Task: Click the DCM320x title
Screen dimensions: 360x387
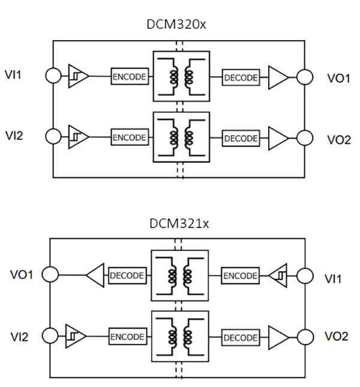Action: pos(176,24)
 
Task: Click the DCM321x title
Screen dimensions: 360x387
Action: pos(179,224)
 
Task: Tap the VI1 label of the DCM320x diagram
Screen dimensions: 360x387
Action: pos(13,74)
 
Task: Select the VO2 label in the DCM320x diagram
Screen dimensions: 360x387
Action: pos(339,140)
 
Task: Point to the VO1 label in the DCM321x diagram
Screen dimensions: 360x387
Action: pos(22,274)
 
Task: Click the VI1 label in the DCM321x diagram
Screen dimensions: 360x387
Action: pos(333,279)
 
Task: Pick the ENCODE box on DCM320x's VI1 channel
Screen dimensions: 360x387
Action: pos(130,76)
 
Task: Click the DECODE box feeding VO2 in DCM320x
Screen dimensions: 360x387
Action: pos(241,138)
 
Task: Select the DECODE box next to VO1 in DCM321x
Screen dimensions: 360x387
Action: pos(127,275)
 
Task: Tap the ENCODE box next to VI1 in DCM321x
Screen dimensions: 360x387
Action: pos(240,275)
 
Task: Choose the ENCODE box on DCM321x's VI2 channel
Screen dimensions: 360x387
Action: pos(128,337)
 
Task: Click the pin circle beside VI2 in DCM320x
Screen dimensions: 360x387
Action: pos(53,136)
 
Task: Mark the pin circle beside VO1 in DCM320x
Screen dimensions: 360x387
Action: pos(305,77)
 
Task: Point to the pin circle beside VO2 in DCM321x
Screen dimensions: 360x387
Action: pos(305,337)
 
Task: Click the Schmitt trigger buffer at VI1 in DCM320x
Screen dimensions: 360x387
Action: pos(79,76)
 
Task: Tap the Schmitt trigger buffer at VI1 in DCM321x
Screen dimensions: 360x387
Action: pos(278,275)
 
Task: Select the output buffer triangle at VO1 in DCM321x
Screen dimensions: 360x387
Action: pos(95,275)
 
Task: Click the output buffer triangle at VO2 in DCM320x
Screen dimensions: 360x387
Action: pos(278,138)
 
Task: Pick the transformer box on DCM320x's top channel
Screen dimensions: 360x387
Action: pos(181,76)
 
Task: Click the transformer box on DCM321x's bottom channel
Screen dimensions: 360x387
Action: pos(180,337)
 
